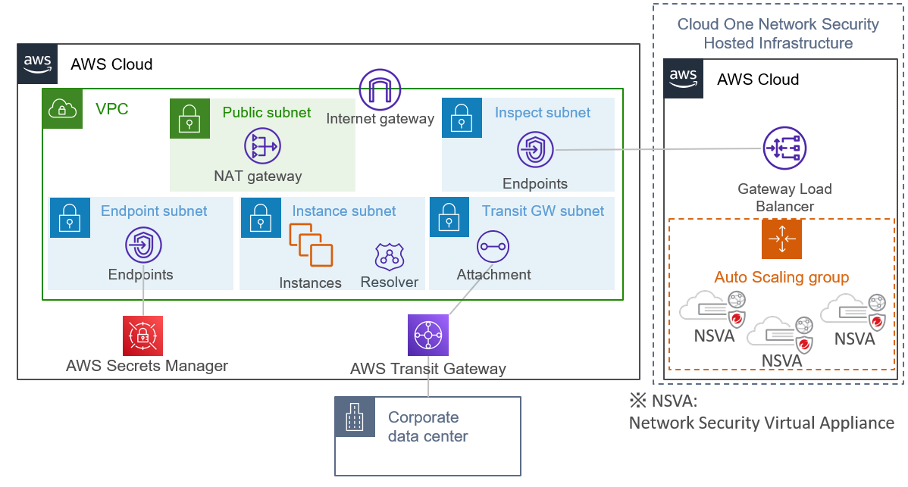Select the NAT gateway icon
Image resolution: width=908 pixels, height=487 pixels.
tap(262, 147)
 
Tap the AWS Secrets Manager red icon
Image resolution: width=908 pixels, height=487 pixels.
tap(142, 336)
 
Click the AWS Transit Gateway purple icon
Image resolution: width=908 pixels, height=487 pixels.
tap(428, 335)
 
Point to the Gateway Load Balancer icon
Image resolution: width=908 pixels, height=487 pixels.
tap(784, 149)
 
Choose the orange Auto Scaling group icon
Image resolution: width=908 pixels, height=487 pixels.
tap(781, 240)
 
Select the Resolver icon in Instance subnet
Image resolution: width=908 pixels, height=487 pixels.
tap(390, 258)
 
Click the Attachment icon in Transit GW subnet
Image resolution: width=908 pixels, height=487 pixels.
tap(493, 247)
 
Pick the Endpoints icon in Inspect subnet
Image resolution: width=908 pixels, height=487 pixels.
tap(535, 149)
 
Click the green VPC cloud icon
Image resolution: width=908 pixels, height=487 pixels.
tap(62, 109)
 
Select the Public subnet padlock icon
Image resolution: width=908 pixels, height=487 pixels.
tap(189, 118)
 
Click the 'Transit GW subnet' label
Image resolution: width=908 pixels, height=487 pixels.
tap(543, 211)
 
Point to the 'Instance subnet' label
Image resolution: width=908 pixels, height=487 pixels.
tap(344, 211)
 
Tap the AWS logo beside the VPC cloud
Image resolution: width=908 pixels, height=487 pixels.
tap(38, 64)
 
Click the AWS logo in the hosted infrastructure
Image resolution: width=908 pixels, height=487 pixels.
tap(684, 79)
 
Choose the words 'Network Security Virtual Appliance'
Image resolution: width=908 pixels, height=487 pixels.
tap(761, 423)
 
